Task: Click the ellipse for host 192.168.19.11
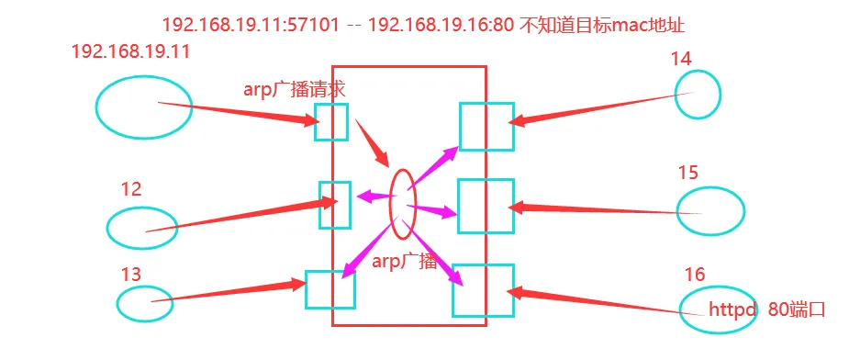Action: click(x=130, y=107)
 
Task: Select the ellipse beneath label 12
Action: click(x=141, y=228)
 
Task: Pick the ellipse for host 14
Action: click(x=698, y=95)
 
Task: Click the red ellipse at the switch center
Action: click(x=403, y=203)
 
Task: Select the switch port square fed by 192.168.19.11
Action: click(x=330, y=121)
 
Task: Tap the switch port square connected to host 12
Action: click(x=335, y=205)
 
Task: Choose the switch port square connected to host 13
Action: click(x=330, y=289)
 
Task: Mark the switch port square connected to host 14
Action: click(x=486, y=126)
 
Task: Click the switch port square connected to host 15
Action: click(x=486, y=206)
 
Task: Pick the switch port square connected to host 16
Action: click(x=483, y=290)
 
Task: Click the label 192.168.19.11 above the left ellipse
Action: click(x=130, y=51)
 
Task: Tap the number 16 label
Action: click(x=696, y=275)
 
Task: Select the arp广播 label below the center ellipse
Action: click(x=405, y=261)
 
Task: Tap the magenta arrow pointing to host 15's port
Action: click(x=431, y=210)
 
